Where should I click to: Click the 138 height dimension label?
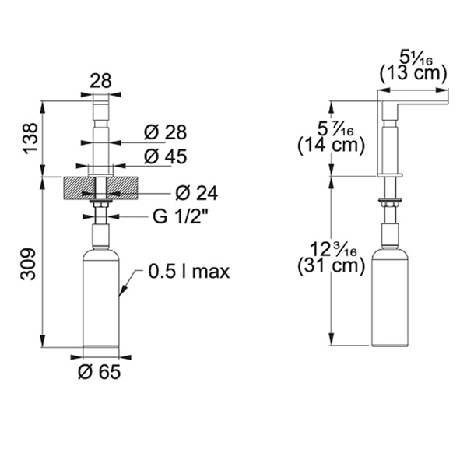tap(30, 139)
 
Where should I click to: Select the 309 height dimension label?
tap(28, 264)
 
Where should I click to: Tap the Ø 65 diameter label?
tap(99, 372)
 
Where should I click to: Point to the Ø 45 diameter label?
tap(165, 156)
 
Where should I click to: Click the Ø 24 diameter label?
tap(197, 193)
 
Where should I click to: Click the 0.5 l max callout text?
tap(189, 272)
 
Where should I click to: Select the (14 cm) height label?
tap(332, 146)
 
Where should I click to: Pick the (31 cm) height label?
tap(332, 265)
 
